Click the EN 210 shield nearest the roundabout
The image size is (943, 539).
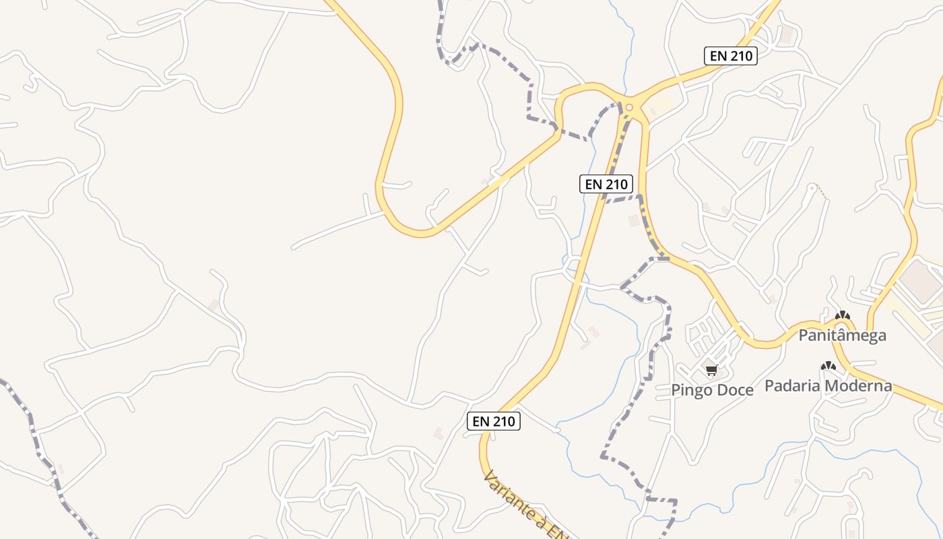[606, 183]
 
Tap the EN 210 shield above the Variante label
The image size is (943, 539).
[494, 421]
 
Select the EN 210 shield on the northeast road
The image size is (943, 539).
[731, 56]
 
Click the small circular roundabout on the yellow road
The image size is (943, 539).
[629, 107]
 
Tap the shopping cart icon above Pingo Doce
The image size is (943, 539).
[712, 370]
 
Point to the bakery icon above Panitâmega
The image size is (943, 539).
[842, 315]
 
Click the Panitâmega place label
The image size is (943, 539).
[842, 335]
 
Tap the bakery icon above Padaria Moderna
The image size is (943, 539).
[828, 367]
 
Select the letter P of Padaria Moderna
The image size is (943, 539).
[769, 386]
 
